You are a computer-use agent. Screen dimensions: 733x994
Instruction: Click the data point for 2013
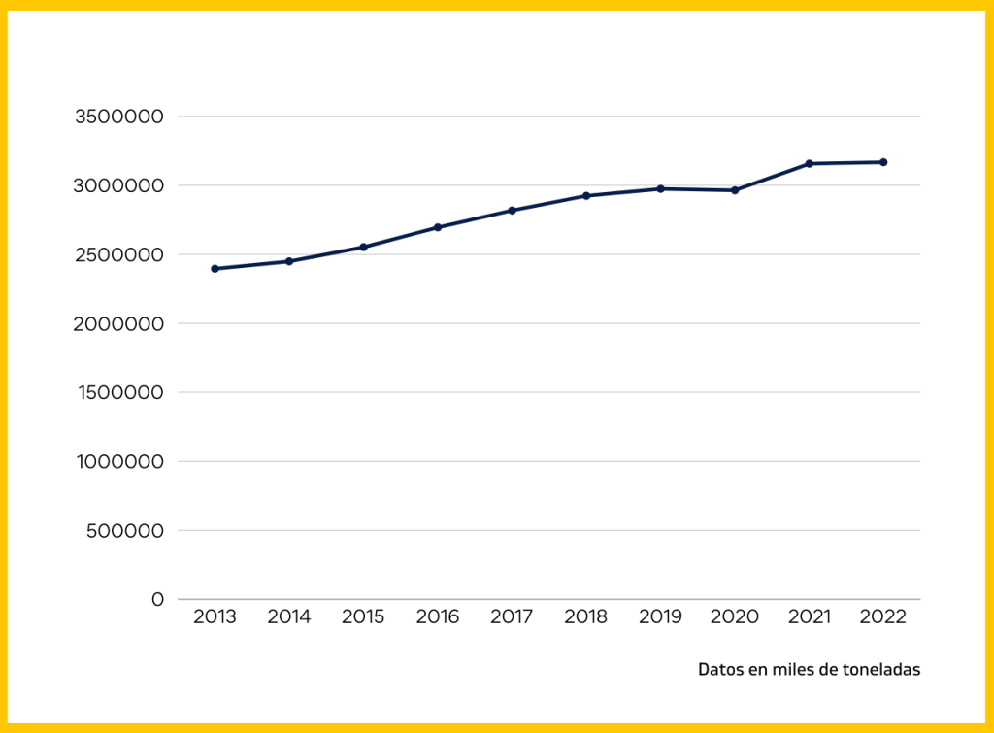[x=215, y=269]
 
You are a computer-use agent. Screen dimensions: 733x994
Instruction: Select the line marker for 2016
[x=438, y=227]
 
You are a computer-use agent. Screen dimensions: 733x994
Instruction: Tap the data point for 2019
[x=660, y=188]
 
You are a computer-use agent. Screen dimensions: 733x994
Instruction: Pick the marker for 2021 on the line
[x=809, y=163]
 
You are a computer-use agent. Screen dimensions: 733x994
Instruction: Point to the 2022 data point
[x=883, y=162]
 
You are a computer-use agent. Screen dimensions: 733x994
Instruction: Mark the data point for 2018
[x=586, y=196]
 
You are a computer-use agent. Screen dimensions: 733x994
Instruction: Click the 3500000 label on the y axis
[x=118, y=117]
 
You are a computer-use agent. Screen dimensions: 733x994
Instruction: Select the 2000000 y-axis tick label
[x=118, y=323]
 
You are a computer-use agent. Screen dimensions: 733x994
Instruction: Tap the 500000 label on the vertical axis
[x=124, y=531]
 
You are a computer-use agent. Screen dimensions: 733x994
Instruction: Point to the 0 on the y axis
[x=157, y=600]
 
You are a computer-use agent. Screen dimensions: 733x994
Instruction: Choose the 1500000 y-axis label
[x=119, y=392]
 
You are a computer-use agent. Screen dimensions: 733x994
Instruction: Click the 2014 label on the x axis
[x=289, y=617]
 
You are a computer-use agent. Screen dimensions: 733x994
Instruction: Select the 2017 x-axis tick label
[x=512, y=617]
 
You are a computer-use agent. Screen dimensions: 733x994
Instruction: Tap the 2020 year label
[x=735, y=617]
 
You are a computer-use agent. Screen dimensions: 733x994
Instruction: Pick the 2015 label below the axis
[x=363, y=617]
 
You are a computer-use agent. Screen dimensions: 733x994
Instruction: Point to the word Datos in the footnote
[x=719, y=670]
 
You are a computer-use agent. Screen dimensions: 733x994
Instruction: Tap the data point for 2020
[x=735, y=190]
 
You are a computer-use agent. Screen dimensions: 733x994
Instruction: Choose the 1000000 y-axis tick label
[x=119, y=462]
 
